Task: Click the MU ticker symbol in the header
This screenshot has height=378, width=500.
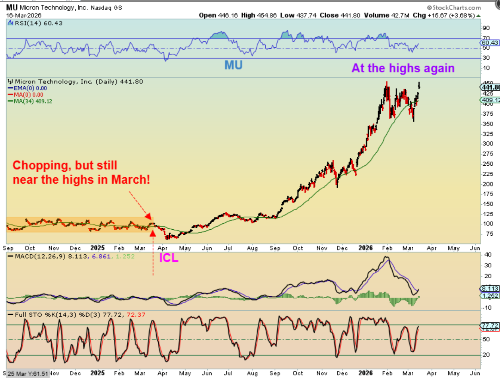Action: click(11, 8)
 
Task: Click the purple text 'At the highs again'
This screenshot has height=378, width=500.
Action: click(403, 68)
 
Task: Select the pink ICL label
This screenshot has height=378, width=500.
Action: click(169, 258)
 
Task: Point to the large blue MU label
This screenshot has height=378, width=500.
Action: click(233, 65)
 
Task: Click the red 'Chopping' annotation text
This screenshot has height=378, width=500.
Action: click(82, 173)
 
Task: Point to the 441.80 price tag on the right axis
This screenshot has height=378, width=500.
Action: click(490, 87)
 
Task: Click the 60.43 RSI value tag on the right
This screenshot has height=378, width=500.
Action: click(490, 43)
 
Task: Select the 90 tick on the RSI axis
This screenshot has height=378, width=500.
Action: click(485, 28)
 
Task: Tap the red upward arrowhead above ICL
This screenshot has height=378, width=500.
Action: click(152, 231)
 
